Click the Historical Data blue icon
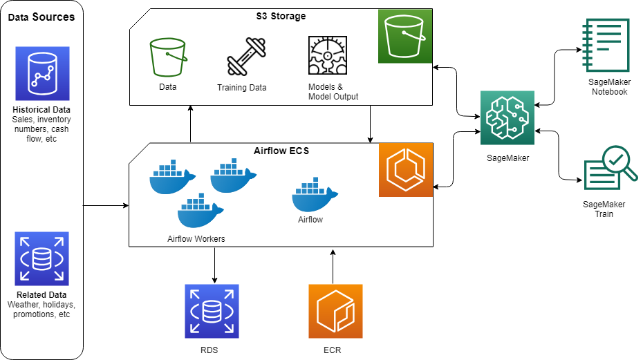click(42, 74)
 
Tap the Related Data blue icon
click(42, 259)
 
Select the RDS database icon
click(212, 311)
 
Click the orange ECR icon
click(335, 311)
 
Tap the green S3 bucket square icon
click(405, 36)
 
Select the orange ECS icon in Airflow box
click(405, 170)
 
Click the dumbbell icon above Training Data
click(246, 57)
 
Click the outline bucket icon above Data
click(168, 57)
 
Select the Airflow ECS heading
click(281, 150)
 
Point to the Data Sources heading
click(41, 17)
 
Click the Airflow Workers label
click(196, 239)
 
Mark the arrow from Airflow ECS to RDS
click(214, 265)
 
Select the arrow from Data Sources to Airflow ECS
click(106, 205)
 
